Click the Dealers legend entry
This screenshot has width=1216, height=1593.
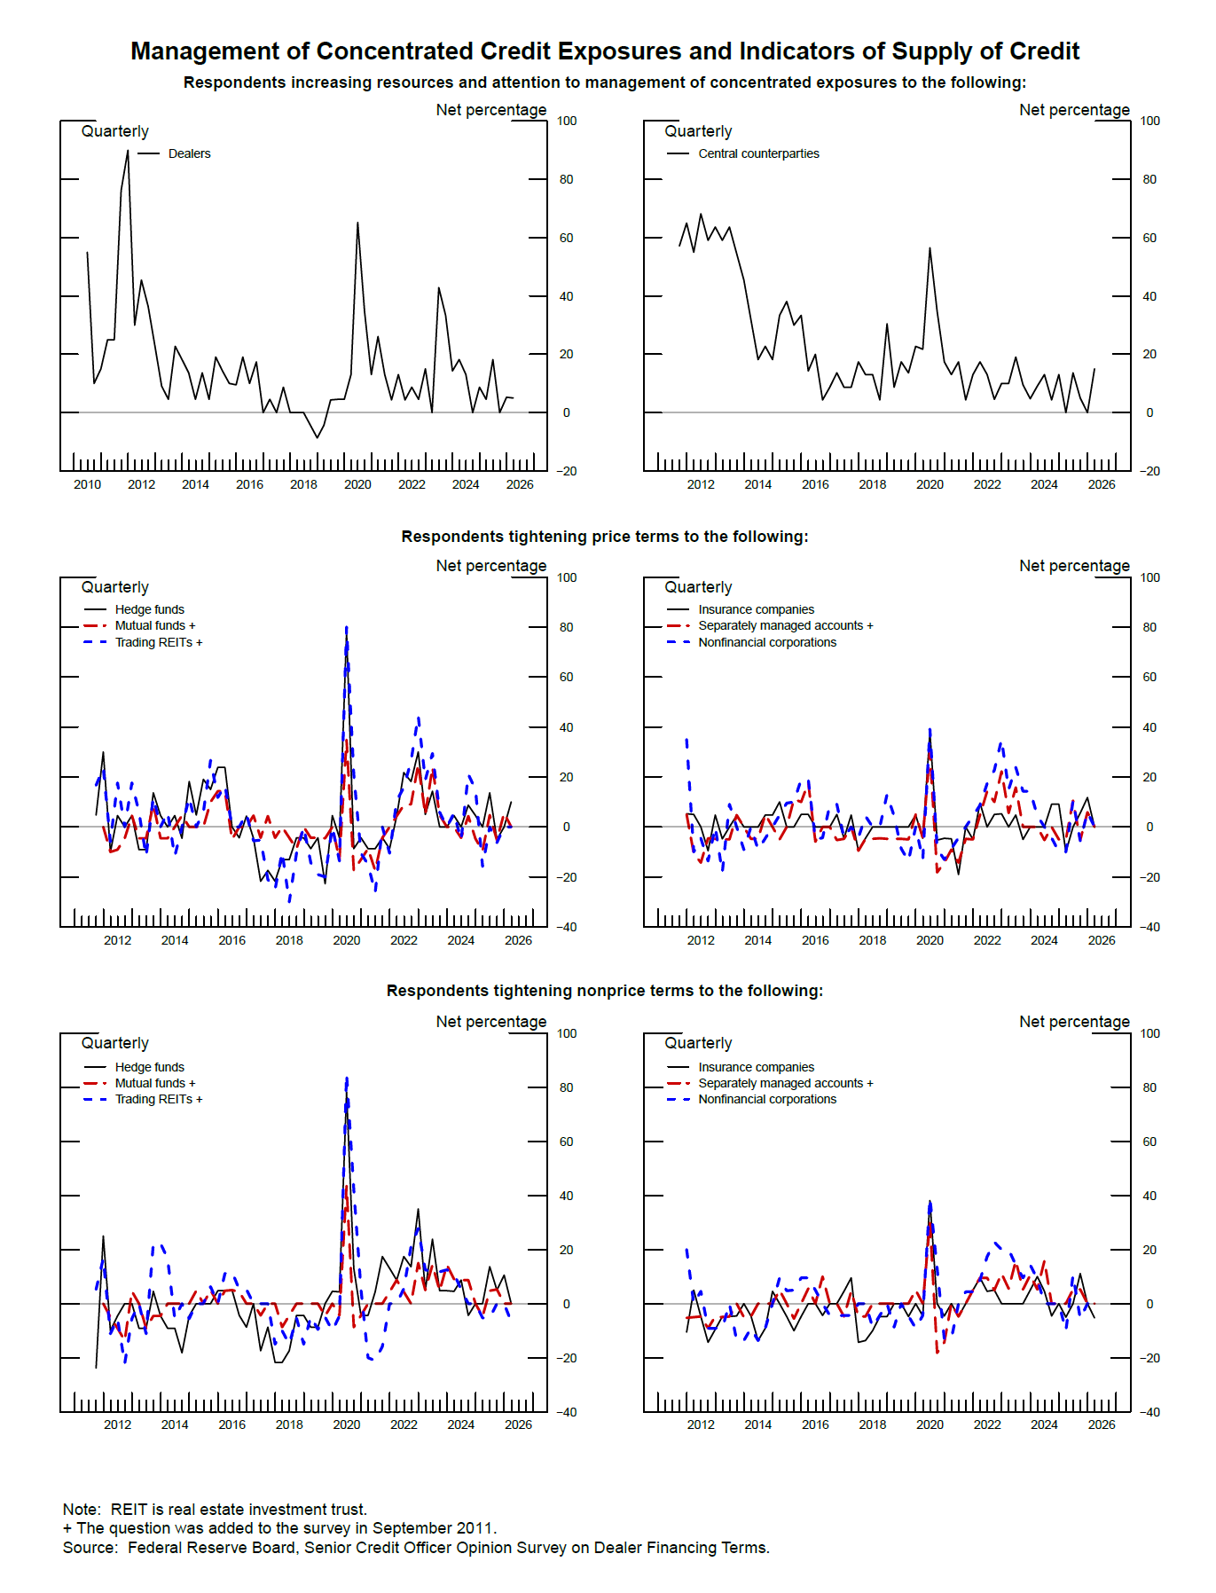point(189,153)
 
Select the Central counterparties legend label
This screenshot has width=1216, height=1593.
point(757,153)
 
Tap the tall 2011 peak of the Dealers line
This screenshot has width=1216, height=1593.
point(128,152)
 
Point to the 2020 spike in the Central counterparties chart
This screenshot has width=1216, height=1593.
point(930,249)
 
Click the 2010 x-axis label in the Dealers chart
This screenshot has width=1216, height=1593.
point(87,484)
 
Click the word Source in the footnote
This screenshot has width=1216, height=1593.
point(89,1548)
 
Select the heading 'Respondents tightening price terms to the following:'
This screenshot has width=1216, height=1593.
point(604,537)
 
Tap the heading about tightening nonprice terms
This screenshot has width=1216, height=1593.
point(604,991)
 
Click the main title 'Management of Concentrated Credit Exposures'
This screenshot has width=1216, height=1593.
point(604,51)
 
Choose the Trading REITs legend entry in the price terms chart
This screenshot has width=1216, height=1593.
point(158,642)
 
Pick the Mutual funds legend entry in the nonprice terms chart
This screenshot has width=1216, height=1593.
point(154,1083)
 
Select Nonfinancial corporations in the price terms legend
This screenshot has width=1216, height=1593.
point(766,642)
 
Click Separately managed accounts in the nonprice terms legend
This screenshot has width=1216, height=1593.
point(784,1083)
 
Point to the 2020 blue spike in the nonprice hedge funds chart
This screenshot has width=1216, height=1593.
point(347,1080)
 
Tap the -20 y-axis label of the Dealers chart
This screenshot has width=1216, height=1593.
point(566,471)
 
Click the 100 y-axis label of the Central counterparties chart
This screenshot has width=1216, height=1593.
point(1149,121)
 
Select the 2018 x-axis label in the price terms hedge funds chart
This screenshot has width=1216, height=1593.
point(289,940)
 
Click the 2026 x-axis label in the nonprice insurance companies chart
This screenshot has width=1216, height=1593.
point(1101,1424)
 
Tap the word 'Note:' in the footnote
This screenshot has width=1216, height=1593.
point(82,1510)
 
